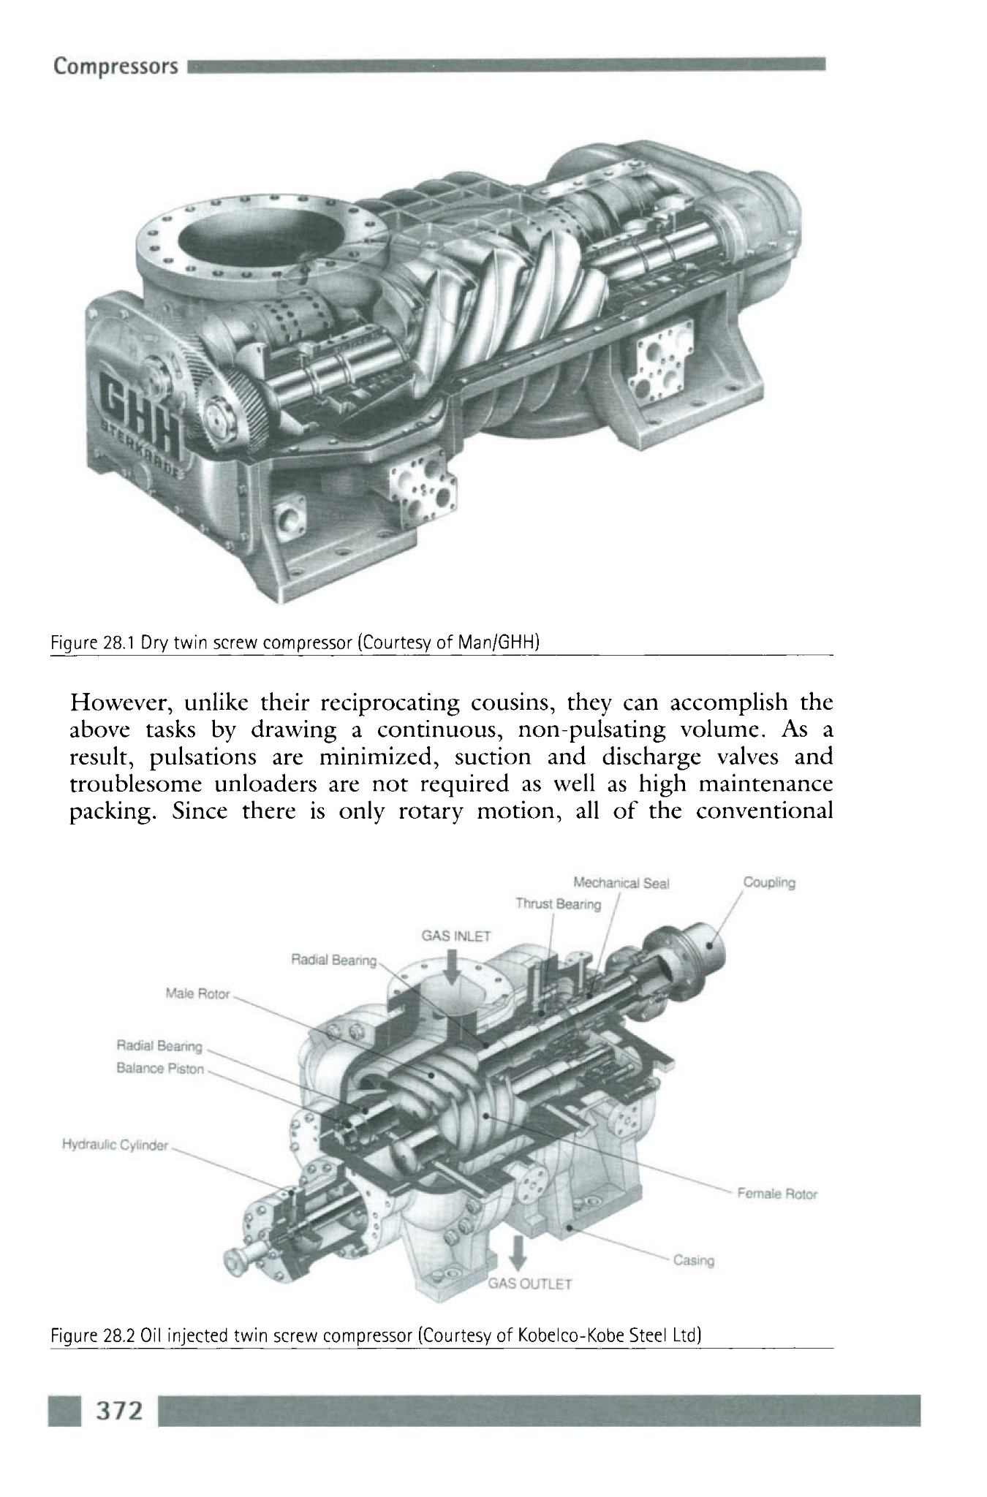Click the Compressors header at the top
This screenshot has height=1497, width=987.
116,67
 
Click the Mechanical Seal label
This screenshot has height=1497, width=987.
621,883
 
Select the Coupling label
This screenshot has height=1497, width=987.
769,882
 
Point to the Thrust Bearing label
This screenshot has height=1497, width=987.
558,904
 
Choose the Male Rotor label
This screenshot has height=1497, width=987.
197,994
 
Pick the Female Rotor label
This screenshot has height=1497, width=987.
777,1194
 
